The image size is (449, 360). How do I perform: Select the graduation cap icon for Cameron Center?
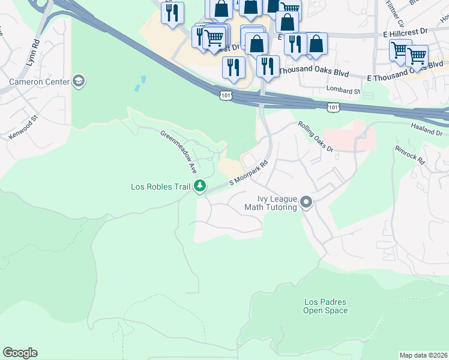[78, 80]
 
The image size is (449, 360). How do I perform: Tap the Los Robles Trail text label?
[160, 187]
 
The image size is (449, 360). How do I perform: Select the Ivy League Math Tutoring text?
[270, 203]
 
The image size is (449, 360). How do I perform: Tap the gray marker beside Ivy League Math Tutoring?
[307, 202]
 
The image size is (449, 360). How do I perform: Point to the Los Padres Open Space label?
[325, 306]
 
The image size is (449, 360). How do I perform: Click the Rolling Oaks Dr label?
[315, 137]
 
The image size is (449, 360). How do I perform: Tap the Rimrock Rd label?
[409, 154]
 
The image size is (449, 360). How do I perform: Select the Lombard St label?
[343, 91]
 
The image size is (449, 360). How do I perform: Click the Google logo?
[20, 353]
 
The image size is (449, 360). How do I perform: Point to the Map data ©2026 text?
[423, 355]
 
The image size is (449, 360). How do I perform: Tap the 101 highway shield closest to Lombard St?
[334, 106]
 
